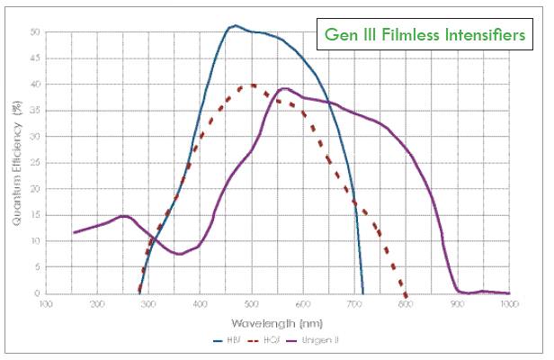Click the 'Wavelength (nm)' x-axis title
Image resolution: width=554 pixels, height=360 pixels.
coord(277,321)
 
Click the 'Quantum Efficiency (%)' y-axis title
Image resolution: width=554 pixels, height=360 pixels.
coord(16,162)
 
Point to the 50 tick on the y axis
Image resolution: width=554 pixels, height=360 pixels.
coord(34,31)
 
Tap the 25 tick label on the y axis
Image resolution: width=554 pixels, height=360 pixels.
coord(34,163)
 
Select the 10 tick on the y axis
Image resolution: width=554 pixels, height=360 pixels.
coord(34,241)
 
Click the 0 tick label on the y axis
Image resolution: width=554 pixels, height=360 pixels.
coord(36,293)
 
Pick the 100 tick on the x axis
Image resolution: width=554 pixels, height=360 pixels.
coord(46,304)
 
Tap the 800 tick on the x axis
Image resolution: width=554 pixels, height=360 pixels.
coord(406,304)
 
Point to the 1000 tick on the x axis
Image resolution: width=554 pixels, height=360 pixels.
coord(508,304)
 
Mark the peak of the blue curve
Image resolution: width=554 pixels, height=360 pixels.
coord(235,25)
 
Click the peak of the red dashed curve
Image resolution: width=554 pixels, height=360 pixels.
coord(253,85)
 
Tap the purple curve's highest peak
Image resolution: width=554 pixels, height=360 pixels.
coord(285,88)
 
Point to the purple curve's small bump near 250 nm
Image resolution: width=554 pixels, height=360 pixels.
coord(123,216)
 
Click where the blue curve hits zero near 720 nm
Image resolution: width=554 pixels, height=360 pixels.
coord(363,293)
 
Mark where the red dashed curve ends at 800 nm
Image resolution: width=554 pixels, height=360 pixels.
coord(406,294)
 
